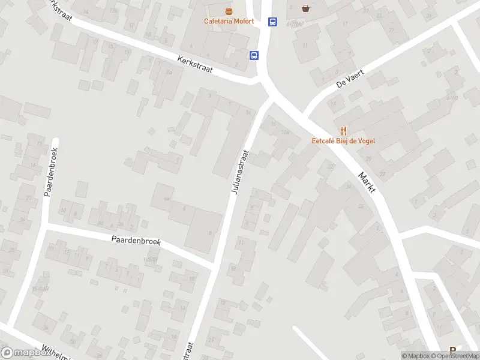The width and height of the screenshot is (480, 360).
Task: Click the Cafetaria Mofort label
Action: [x=229, y=22]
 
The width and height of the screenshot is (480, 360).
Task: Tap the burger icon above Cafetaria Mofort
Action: [x=229, y=11]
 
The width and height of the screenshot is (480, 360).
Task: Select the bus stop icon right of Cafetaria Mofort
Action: [x=273, y=22]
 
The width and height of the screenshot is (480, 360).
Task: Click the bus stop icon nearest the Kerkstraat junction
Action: [x=254, y=55]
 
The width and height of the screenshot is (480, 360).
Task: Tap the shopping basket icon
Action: [x=306, y=8]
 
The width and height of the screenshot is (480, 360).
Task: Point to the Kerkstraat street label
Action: [x=196, y=65]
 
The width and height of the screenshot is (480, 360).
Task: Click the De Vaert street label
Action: [x=350, y=78]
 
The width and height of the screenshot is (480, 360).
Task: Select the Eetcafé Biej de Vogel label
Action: [x=343, y=142]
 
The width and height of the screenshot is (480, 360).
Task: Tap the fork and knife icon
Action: [x=343, y=130]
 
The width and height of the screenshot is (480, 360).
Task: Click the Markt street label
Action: [x=367, y=182]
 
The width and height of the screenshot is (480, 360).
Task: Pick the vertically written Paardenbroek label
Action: [x=50, y=172]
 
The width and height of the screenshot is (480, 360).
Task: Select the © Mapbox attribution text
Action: [x=414, y=356]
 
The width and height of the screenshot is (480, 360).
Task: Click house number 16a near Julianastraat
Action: [x=286, y=131]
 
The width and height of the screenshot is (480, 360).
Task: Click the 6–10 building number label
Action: [x=452, y=98]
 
